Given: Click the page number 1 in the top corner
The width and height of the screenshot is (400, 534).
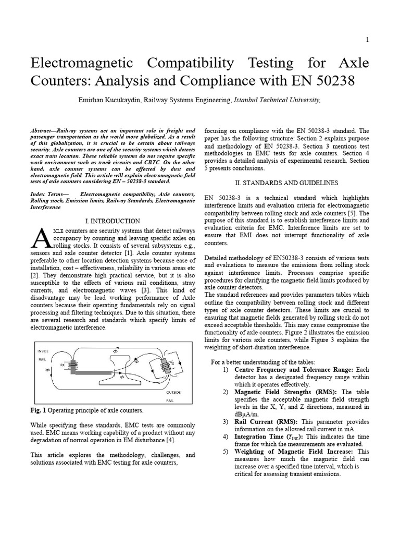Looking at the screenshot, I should coord(367,40).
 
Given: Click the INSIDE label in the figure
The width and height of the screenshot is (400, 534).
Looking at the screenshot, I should coord(43,351).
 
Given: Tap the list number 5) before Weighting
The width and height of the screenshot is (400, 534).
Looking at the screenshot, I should coord(226,452).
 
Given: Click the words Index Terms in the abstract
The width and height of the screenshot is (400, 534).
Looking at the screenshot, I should coord(48,193).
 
